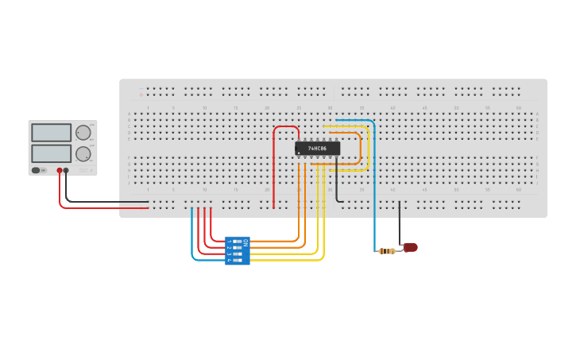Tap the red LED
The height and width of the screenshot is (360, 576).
[410, 247]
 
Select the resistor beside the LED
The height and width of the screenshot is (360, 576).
[387, 251]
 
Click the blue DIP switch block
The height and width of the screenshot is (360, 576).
[238, 250]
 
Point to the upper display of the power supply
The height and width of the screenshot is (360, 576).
[51, 132]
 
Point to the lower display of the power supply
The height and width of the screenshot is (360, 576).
[51, 153]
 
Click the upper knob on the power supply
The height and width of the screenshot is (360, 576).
[83, 133]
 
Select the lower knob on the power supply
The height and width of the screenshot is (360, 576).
[83, 153]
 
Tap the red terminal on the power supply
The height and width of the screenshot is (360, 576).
[59, 170]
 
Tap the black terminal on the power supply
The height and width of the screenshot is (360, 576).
[66, 170]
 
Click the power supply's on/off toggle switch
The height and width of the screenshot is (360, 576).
[36, 170]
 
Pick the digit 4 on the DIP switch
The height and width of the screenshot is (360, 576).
[229, 260]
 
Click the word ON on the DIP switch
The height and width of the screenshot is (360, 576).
[245, 242]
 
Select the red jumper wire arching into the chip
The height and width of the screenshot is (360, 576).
[286, 126]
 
